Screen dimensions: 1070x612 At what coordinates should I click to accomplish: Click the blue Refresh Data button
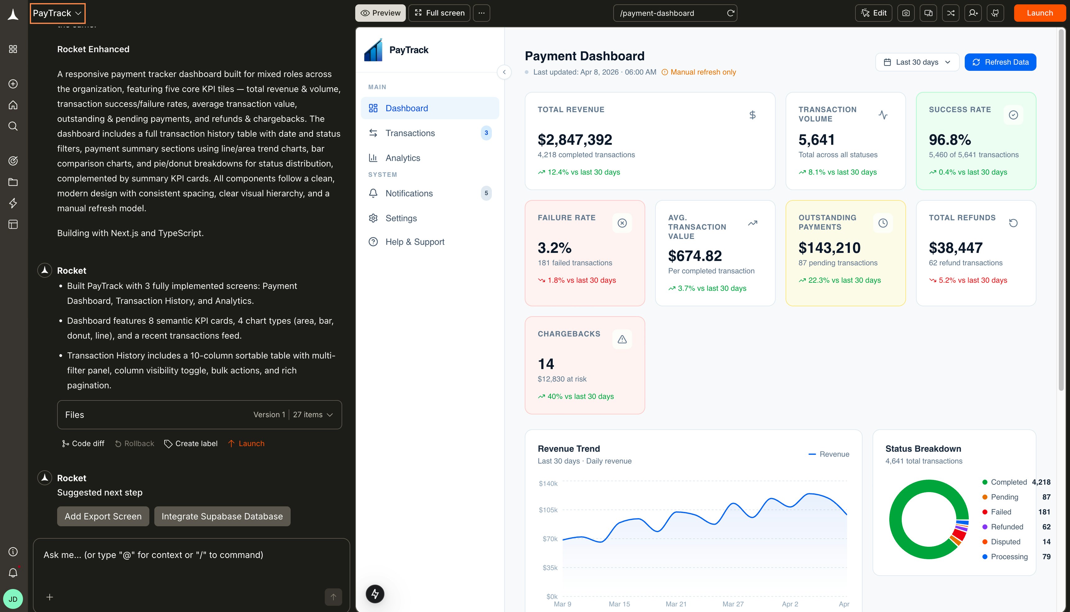(1000, 62)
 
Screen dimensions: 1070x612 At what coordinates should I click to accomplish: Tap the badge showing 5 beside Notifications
(486, 193)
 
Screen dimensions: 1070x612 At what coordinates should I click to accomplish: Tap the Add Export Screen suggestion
(103, 516)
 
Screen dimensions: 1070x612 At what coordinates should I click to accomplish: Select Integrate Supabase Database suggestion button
(222, 516)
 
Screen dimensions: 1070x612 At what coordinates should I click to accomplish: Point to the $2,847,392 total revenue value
(575, 139)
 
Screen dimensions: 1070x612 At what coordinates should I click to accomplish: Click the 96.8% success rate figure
(950, 139)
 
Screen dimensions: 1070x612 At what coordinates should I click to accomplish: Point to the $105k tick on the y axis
(548, 510)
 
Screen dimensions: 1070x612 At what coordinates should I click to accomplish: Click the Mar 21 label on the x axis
(676, 604)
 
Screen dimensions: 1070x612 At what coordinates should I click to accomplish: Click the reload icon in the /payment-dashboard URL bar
(731, 13)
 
